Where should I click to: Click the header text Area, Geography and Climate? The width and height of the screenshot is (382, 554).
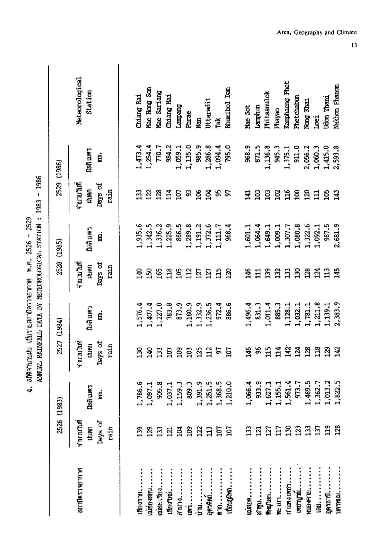click(x=317, y=33)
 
